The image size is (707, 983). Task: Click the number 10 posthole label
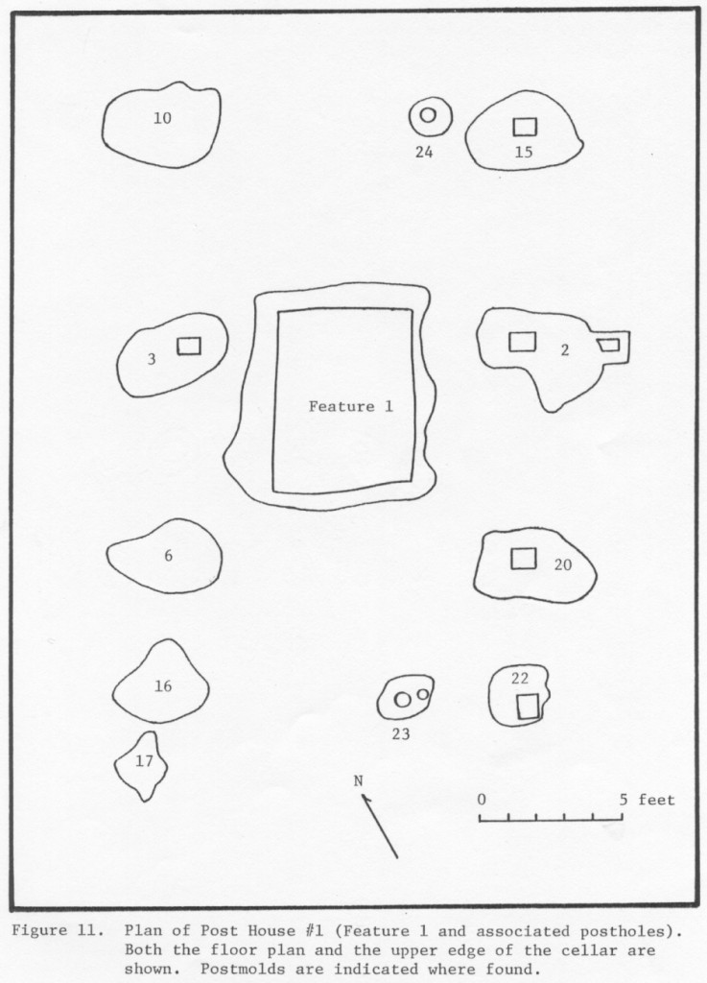pyautogui.click(x=162, y=118)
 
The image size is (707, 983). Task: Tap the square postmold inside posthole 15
pyautogui.click(x=524, y=126)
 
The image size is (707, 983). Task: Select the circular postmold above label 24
pyautogui.click(x=429, y=115)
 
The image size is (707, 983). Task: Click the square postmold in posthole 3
pyautogui.click(x=189, y=346)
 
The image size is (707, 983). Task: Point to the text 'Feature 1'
pyautogui.click(x=350, y=406)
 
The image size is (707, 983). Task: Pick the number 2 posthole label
pyautogui.click(x=565, y=350)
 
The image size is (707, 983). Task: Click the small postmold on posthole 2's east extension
pyautogui.click(x=608, y=345)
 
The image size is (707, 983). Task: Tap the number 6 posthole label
pyautogui.click(x=168, y=555)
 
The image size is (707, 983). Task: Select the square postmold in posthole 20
pyautogui.click(x=523, y=558)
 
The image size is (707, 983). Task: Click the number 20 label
pyautogui.click(x=563, y=564)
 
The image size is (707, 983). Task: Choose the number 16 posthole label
pyautogui.click(x=163, y=685)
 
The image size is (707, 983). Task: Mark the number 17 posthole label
pyautogui.click(x=144, y=761)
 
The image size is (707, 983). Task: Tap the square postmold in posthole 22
pyautogui.click(x=527, y=706)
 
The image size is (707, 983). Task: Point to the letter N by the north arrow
pyautogui.click(x=359, y=780)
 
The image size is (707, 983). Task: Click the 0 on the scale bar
pyautogui.click(x=481, y=799)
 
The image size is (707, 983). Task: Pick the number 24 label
pyautogui.click(x=424, y=152)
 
